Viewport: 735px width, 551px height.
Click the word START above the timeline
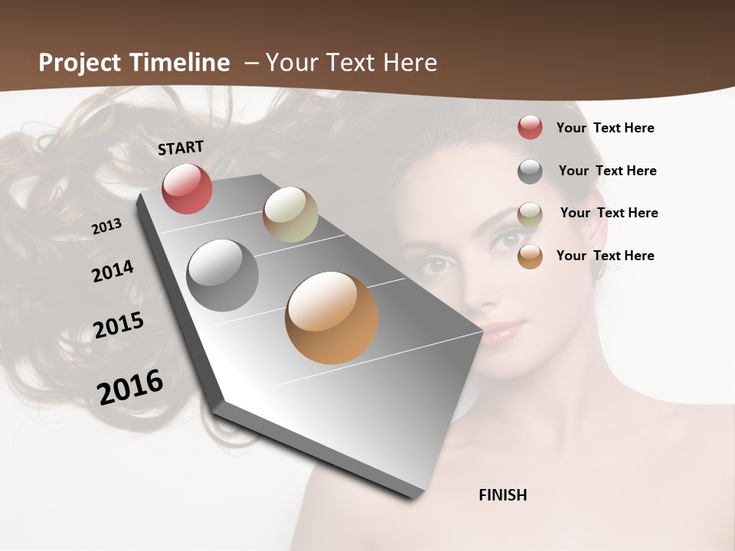click(181, 147)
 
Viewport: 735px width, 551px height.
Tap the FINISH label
click(502, 495)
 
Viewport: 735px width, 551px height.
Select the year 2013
click(106, 227)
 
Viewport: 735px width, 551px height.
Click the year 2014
click(113, 272)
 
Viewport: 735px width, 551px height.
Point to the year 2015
click(119, 325)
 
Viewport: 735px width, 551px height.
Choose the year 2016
click(130, 386)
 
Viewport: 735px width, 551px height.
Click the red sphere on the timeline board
click(187, 188)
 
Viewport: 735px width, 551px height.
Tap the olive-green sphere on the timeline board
click(290, 214)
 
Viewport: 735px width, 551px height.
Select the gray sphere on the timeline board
click(223, 275)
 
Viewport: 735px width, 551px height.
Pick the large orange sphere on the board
click(332, 318)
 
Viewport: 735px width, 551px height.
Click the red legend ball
click(530, 127)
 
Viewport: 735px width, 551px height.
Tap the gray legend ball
click(530, 171)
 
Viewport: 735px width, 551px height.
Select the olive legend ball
click(530, 214)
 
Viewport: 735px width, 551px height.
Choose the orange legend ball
click(530, 256)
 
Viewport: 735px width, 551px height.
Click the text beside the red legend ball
click(605, 128)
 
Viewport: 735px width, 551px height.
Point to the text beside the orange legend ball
click(605, 256)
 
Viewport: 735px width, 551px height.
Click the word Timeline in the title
click(180, 63)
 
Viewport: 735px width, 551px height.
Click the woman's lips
click(501, 333)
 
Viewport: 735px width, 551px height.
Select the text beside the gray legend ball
click(607, 171)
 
